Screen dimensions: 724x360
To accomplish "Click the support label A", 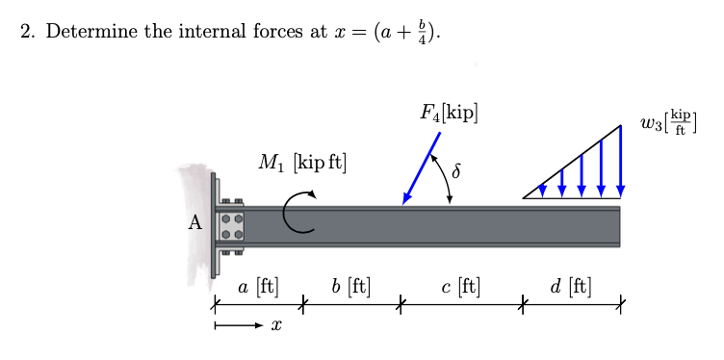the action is coord(195,224).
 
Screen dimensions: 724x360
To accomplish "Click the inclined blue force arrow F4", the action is coord(421,167).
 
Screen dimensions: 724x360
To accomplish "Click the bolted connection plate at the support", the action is coord(229,225).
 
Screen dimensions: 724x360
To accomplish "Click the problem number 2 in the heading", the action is coord(27,33).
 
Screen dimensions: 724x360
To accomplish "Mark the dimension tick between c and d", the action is coord(523,306).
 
